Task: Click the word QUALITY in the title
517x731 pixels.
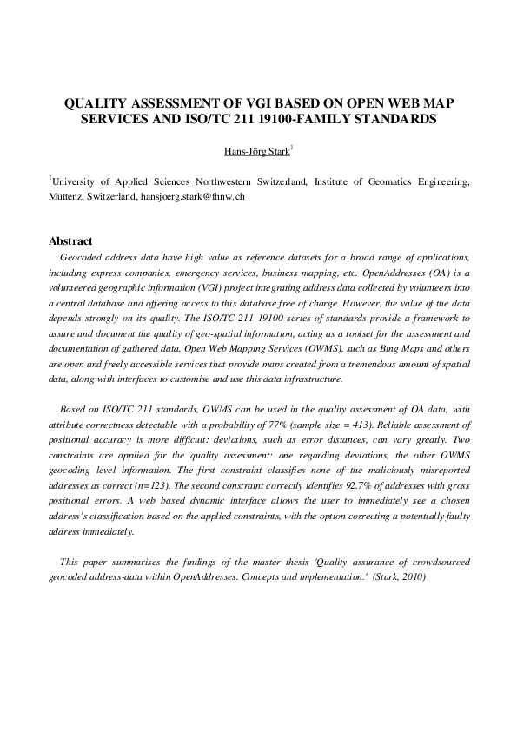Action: point(99,103)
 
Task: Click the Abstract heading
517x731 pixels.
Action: point(70,240)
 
